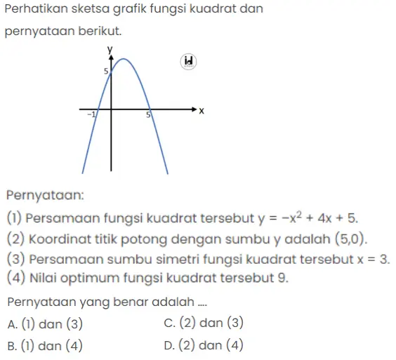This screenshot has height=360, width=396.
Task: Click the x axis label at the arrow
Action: point(201,111)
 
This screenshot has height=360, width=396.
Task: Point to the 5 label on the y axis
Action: point(105,71)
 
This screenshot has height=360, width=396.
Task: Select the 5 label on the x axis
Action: point(149,115)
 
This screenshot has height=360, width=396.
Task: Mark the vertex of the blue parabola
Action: point(123,59)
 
